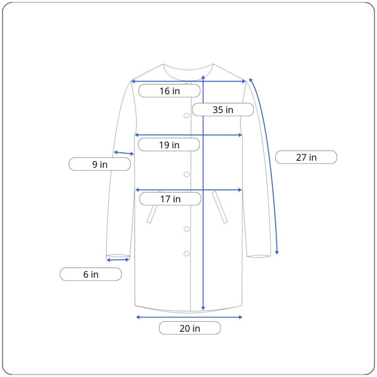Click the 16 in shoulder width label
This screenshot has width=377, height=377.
tap(169, 90)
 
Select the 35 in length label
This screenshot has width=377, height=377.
tap(223, 109)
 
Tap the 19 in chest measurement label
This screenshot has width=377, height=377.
tap(169, 145)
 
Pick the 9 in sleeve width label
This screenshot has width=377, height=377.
tap(100, 164)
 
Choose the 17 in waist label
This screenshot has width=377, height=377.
tap(170, 199)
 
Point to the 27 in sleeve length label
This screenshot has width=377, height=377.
tap(306, 157)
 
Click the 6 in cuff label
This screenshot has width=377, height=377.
tap(90, 274)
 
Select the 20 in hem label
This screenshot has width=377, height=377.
tap(190, 328)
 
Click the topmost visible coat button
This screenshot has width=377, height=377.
tap(187, 116)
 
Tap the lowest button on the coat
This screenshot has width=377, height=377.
tap(187, 253)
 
